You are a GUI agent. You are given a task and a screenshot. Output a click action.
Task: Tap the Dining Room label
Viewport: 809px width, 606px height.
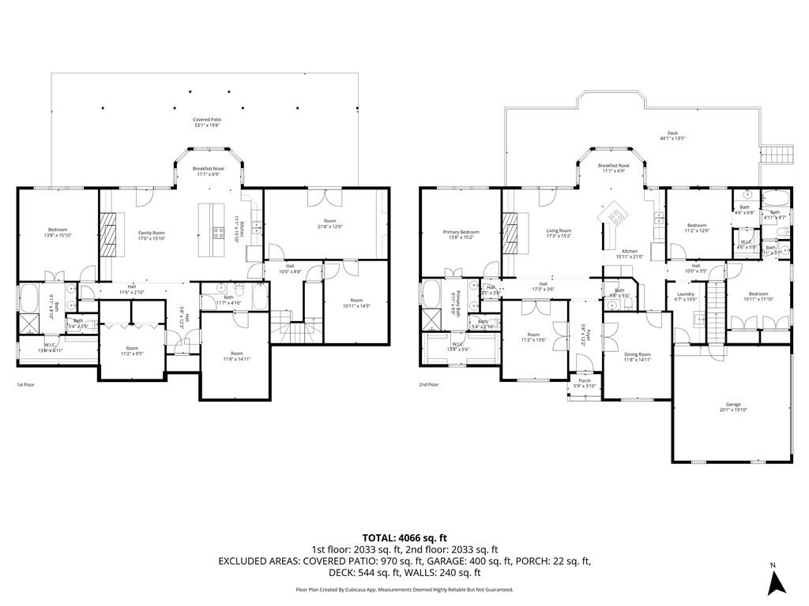pyautogui.click(x=637, y=357)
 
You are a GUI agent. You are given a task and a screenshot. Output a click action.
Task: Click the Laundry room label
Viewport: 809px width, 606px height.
pyautogui.click(x=685, y=297)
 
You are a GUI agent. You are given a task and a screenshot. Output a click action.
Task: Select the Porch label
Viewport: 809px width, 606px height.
pyautogui.click(x=585, y=382)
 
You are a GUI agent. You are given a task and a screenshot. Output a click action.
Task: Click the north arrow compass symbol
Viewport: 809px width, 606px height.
pyautogui.click(x=777, y=582)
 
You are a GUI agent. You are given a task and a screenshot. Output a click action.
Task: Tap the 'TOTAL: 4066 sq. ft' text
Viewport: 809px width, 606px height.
pyautogui.click(x=404, y=538)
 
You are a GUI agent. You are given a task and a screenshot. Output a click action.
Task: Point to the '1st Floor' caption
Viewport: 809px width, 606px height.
pyautogui.click(x=27, y=384)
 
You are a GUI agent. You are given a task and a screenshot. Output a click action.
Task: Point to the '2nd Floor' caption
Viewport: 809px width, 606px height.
pyautogui.click(x=428, y=384)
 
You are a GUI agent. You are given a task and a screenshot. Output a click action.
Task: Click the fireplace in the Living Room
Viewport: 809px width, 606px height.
pyautogui.click(x=513, y=234)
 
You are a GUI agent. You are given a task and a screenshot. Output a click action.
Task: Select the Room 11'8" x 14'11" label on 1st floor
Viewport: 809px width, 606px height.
pyautogui.click(x=237, y=356)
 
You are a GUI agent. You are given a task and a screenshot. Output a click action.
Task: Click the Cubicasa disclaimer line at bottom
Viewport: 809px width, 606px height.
pyautogui.click(x=404, y=589)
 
